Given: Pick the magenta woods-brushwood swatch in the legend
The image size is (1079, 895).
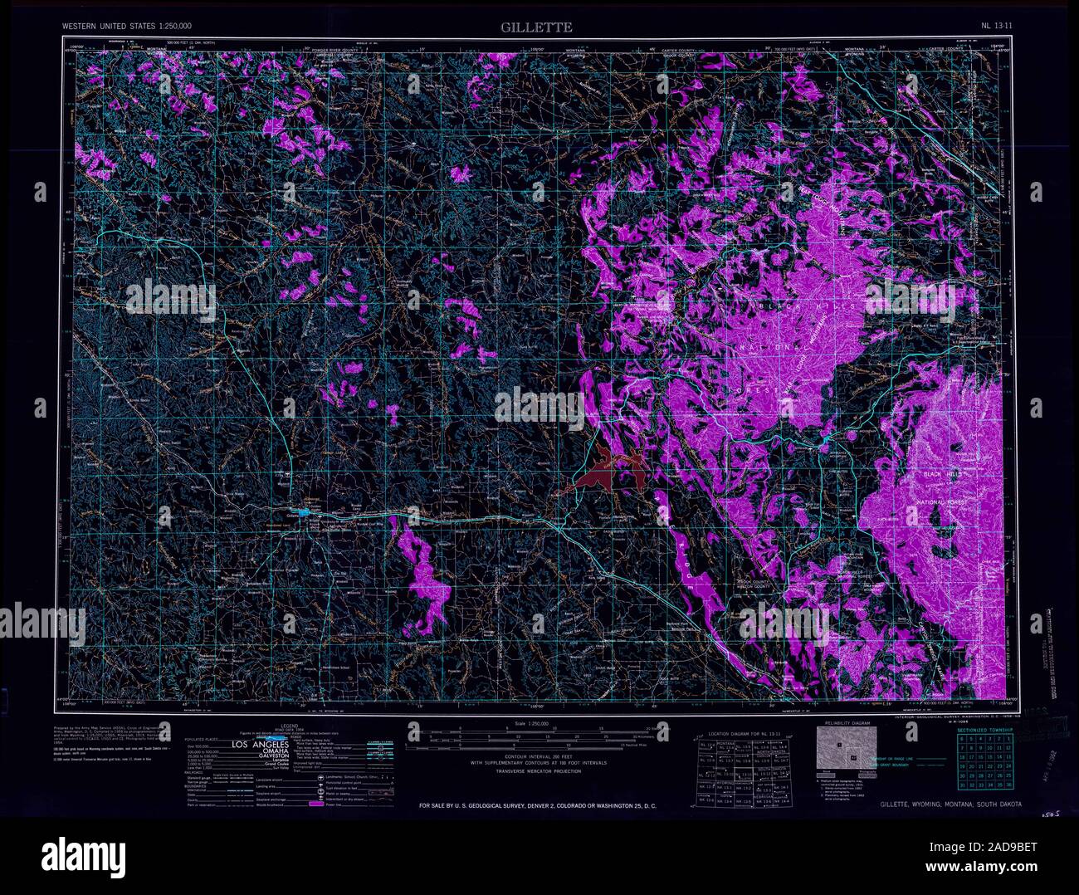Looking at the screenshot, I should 316,805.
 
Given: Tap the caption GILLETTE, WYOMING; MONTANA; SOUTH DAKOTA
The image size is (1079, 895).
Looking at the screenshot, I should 951,805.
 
